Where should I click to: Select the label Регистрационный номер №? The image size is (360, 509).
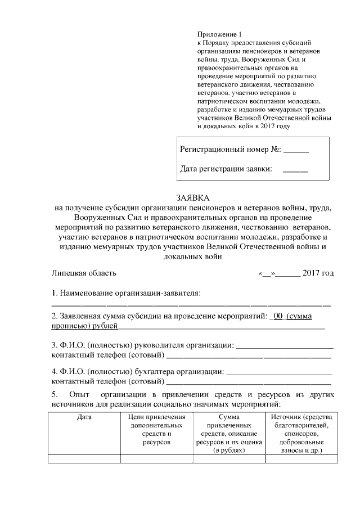(x=230, y=150)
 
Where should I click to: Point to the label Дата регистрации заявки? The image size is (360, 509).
(x=226, y=168)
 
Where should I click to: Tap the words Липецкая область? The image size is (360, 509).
(x=84, y=273)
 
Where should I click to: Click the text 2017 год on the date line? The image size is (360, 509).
(x=318, y=273)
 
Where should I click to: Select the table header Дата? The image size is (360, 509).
(x=84, y=417)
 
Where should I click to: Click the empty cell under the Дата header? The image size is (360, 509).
(x=84, y=459)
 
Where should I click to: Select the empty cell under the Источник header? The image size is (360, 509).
(x=301, y=459)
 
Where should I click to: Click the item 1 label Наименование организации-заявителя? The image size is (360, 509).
(x=126, y=293)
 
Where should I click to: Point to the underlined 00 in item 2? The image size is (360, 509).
(x=277, y=316)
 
